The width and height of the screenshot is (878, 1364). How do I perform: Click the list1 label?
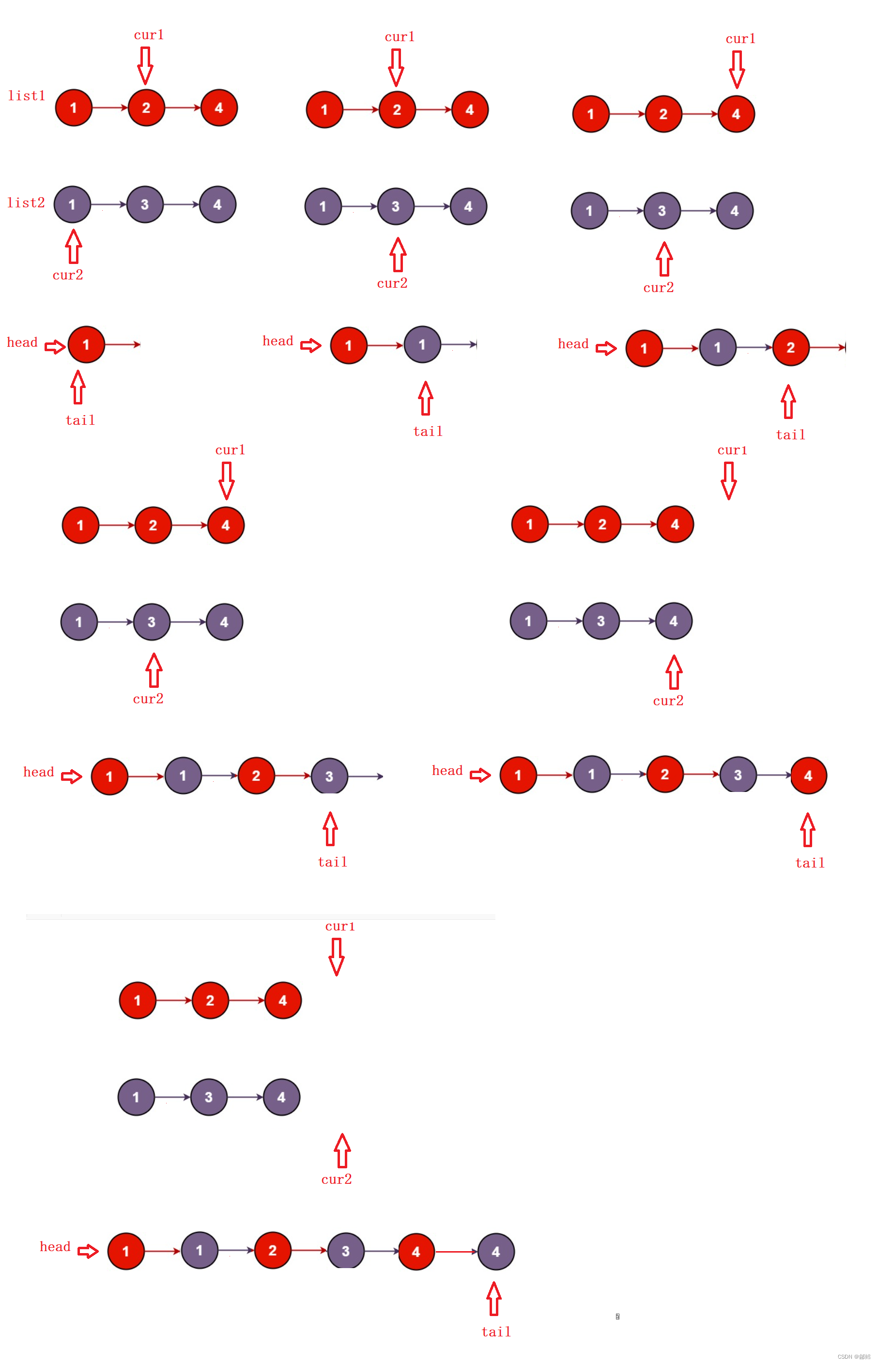(x=26, y=96)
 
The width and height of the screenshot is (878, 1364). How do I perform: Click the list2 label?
(x=26, y=203)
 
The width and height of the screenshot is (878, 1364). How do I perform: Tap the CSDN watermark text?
(x=853, y=1356)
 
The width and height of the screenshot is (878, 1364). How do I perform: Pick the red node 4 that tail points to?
(x=808, y=775)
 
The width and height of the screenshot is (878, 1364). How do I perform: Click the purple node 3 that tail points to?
(x=329, y=776)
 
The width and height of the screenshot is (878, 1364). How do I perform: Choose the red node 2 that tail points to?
(x=790, y=347)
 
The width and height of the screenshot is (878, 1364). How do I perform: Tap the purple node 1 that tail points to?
(x=422, y=344)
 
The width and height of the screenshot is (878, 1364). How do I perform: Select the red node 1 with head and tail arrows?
(x=86, y=344)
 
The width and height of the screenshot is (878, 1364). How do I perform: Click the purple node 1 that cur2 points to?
(x=73, y=204)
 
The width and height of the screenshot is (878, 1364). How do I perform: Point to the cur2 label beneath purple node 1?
(x=68, y=275)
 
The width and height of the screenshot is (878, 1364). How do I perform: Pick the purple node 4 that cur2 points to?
(x=673, y=621)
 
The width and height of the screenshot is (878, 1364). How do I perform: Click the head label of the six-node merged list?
(x=55, y=1246)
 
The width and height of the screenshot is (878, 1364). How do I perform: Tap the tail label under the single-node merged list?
(x=80, y=420)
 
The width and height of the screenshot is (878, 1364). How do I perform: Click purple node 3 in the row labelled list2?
(x=145, y=204)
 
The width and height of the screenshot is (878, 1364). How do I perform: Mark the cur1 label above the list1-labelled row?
(x=149, y=35)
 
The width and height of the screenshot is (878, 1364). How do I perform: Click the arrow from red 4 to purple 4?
(x=456, y=1251)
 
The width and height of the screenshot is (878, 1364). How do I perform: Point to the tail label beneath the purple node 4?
(x=496, y=1332)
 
